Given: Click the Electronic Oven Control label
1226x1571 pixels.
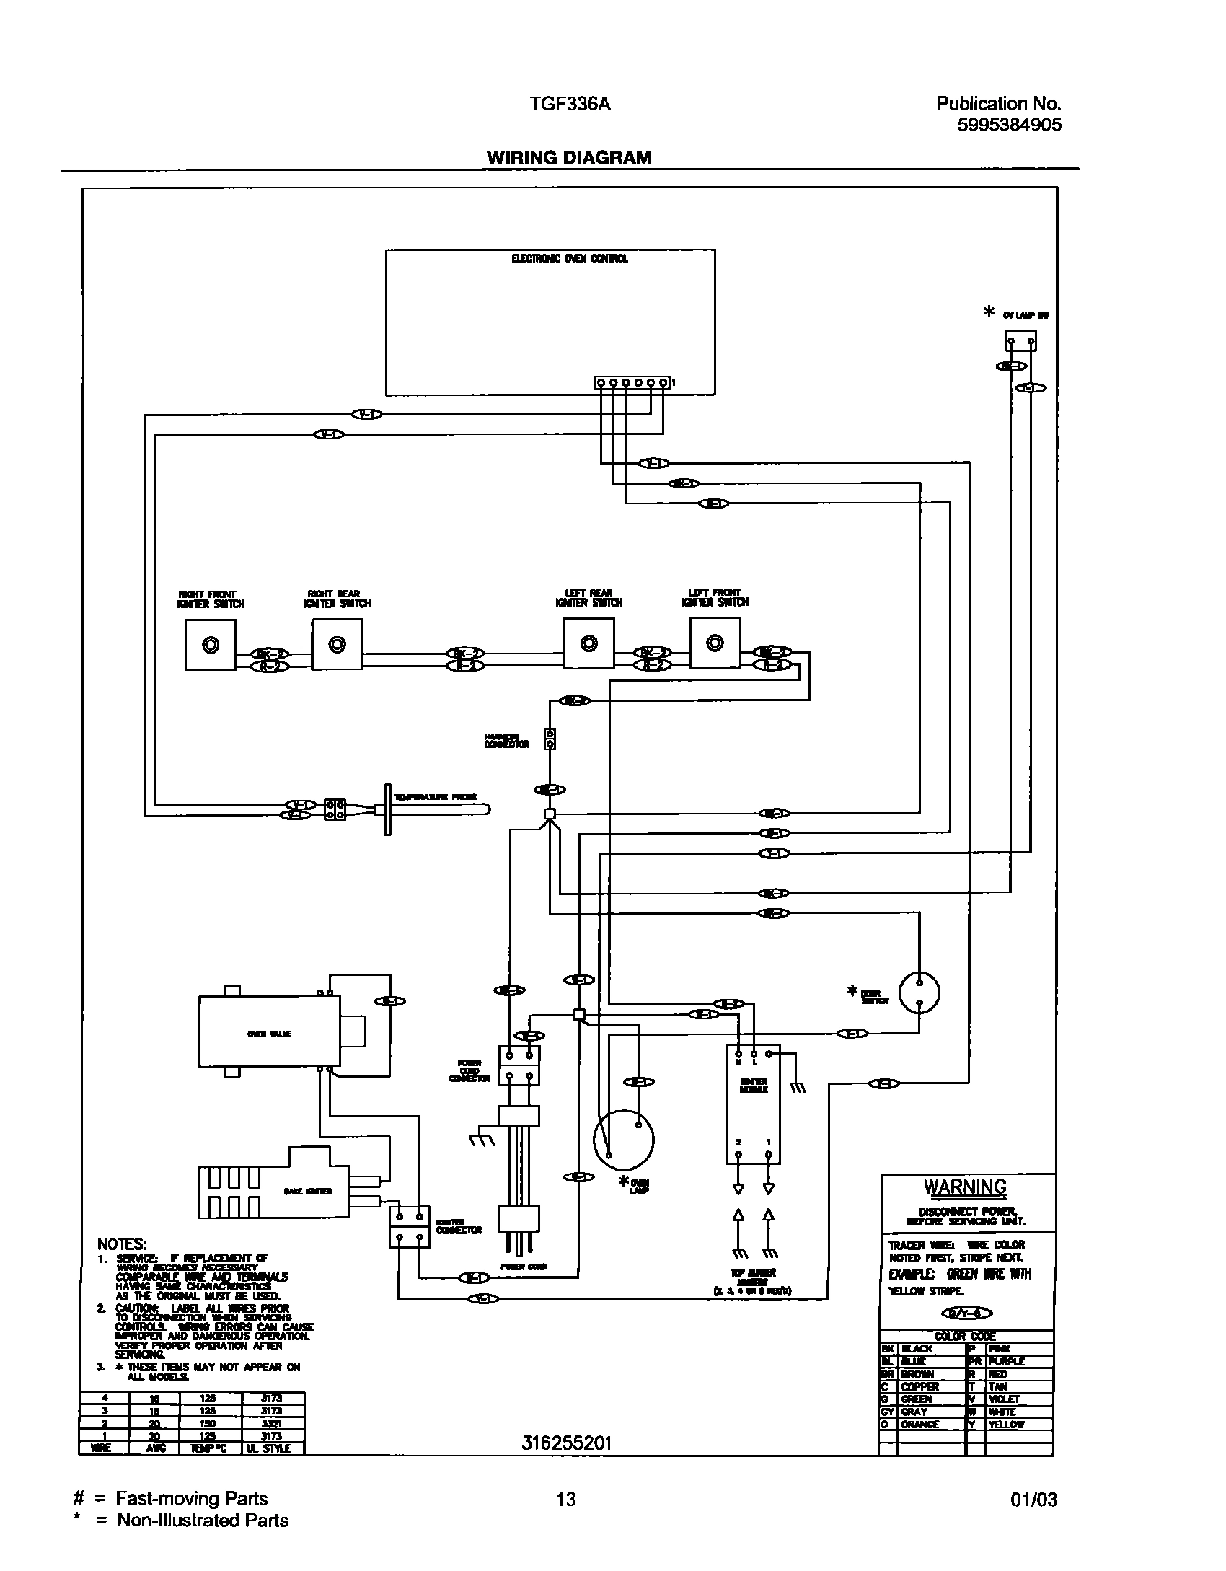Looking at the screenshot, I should [569, 258].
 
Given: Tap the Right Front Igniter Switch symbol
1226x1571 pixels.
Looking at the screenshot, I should [211, 645].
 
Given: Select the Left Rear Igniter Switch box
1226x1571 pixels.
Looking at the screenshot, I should [588, 643].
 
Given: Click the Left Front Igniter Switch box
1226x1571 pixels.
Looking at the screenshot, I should [715, 642].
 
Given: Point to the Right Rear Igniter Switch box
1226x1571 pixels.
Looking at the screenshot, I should [337, 644].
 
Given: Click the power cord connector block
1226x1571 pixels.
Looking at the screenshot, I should [519, 1065].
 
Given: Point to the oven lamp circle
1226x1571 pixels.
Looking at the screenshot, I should [623, 1140].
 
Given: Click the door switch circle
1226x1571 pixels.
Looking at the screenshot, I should [919, 993].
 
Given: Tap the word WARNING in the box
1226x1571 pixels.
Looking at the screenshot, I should [965, 1187].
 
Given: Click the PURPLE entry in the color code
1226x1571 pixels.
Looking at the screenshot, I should [1006, 1362].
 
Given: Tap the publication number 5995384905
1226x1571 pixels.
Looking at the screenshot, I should [1009, 125].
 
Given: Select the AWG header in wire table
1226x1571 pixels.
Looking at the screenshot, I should [156, 1448].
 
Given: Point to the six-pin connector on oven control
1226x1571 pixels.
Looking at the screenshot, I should [632, 383].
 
